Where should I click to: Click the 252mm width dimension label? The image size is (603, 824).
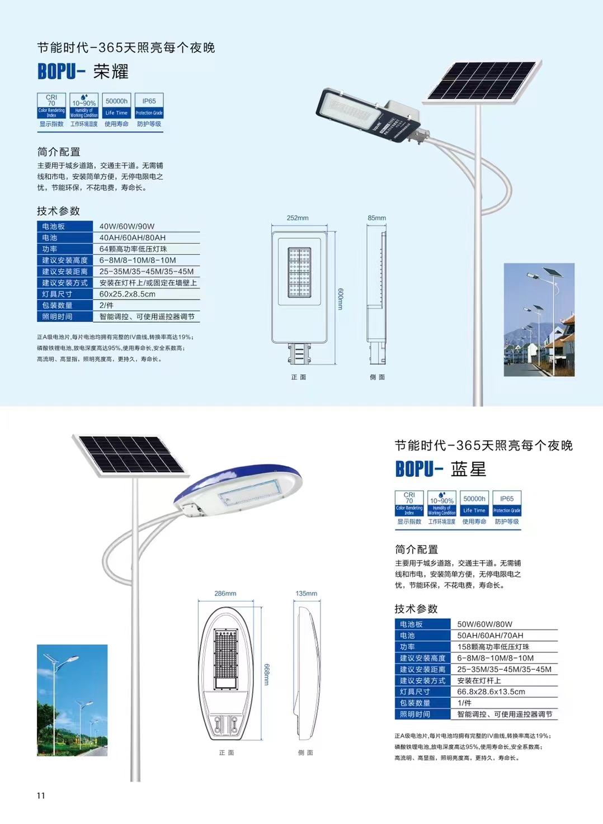tap(298, 218)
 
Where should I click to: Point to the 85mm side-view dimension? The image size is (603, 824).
tap(376, 218)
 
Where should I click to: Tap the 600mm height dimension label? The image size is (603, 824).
tap(340, 299)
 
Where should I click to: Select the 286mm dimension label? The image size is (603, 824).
tap(225, 593)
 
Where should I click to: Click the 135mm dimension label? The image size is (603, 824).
tap(306, 593)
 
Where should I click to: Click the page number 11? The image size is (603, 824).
tap(41, 795)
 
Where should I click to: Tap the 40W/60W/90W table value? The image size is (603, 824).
tap(127, 226)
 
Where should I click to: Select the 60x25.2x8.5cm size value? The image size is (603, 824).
tap(128, 294)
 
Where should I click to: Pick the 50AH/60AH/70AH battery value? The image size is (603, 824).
tap(490, 636)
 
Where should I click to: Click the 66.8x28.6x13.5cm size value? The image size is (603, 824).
tap(491, 692)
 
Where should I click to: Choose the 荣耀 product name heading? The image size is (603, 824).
tap(111, 72)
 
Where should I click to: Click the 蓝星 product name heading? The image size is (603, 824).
tap(469, 469)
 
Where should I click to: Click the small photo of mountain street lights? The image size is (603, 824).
tap(539, 319)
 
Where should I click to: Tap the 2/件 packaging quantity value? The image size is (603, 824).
tap(106, 305)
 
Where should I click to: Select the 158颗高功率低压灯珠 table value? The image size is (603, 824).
tap(493, 647)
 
